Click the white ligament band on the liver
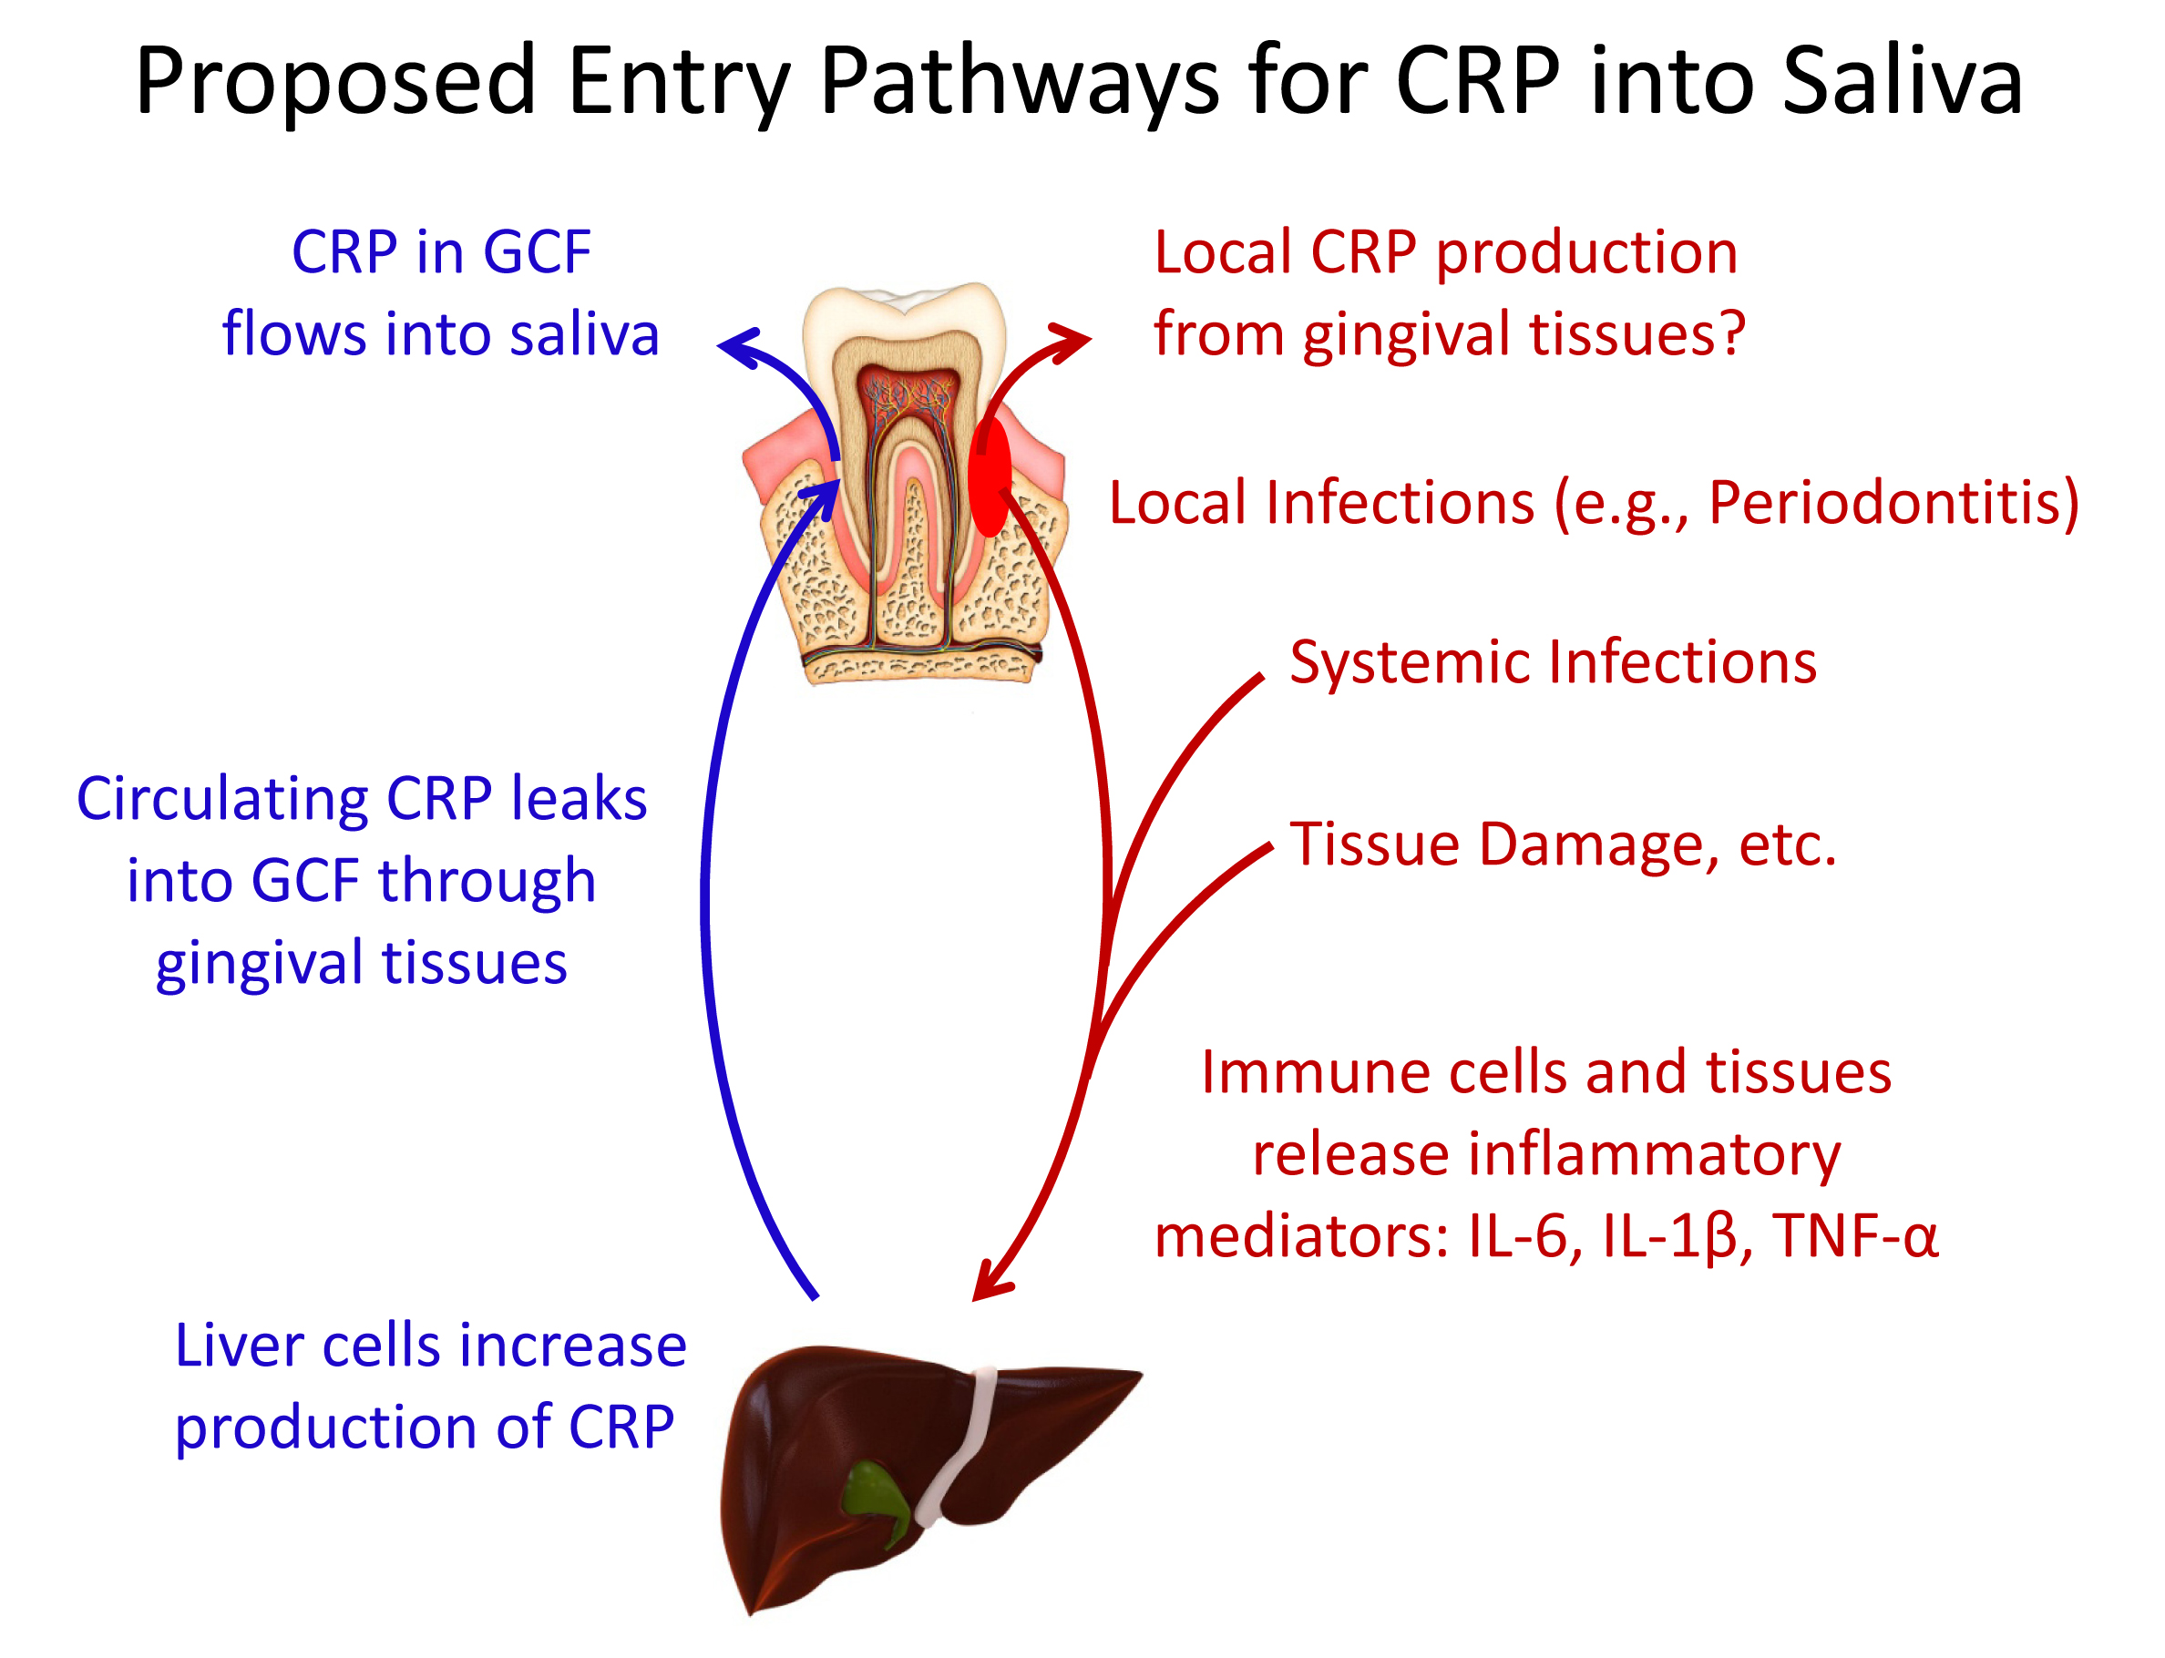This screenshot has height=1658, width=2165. tap(958, 1447)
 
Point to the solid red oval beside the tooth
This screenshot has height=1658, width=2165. tap(990, 476)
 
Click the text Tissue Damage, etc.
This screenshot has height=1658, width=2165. tap(1563, 844)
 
